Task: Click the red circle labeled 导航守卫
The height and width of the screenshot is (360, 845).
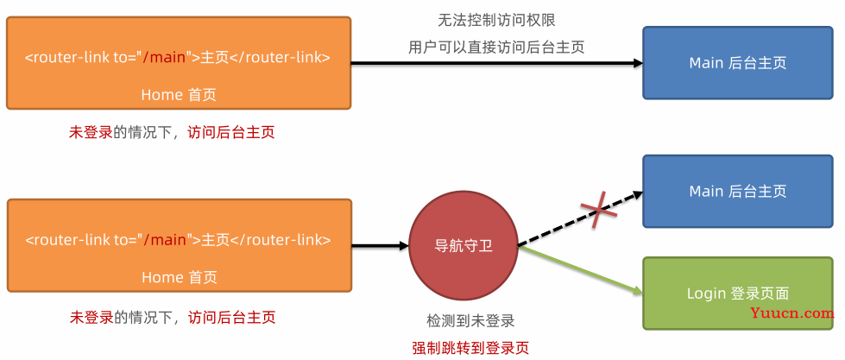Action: coord(463,245)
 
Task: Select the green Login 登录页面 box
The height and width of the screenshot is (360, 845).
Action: coord(737,293)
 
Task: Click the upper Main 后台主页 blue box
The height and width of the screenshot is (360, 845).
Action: coord(737,63)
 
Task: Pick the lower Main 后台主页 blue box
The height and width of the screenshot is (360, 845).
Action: coord(737,191)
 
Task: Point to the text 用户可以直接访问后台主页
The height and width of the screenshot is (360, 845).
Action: coord(496,47)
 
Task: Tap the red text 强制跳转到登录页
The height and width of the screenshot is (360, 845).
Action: coord(470,348)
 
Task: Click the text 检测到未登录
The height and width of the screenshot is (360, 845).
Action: coord(470,321)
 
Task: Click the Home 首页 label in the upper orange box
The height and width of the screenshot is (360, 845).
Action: coord(179,94)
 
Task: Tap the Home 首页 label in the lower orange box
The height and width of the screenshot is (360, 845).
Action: coord(179,277)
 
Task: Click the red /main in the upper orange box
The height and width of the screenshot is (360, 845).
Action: coord(165,58)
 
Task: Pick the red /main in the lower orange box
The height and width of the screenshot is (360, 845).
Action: coord(165,240)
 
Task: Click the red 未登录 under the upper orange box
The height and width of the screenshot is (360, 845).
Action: coord(91,132)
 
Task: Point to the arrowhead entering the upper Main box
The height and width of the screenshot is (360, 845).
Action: coord(637,63)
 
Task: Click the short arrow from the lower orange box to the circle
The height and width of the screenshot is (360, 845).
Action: coord(380,246)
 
